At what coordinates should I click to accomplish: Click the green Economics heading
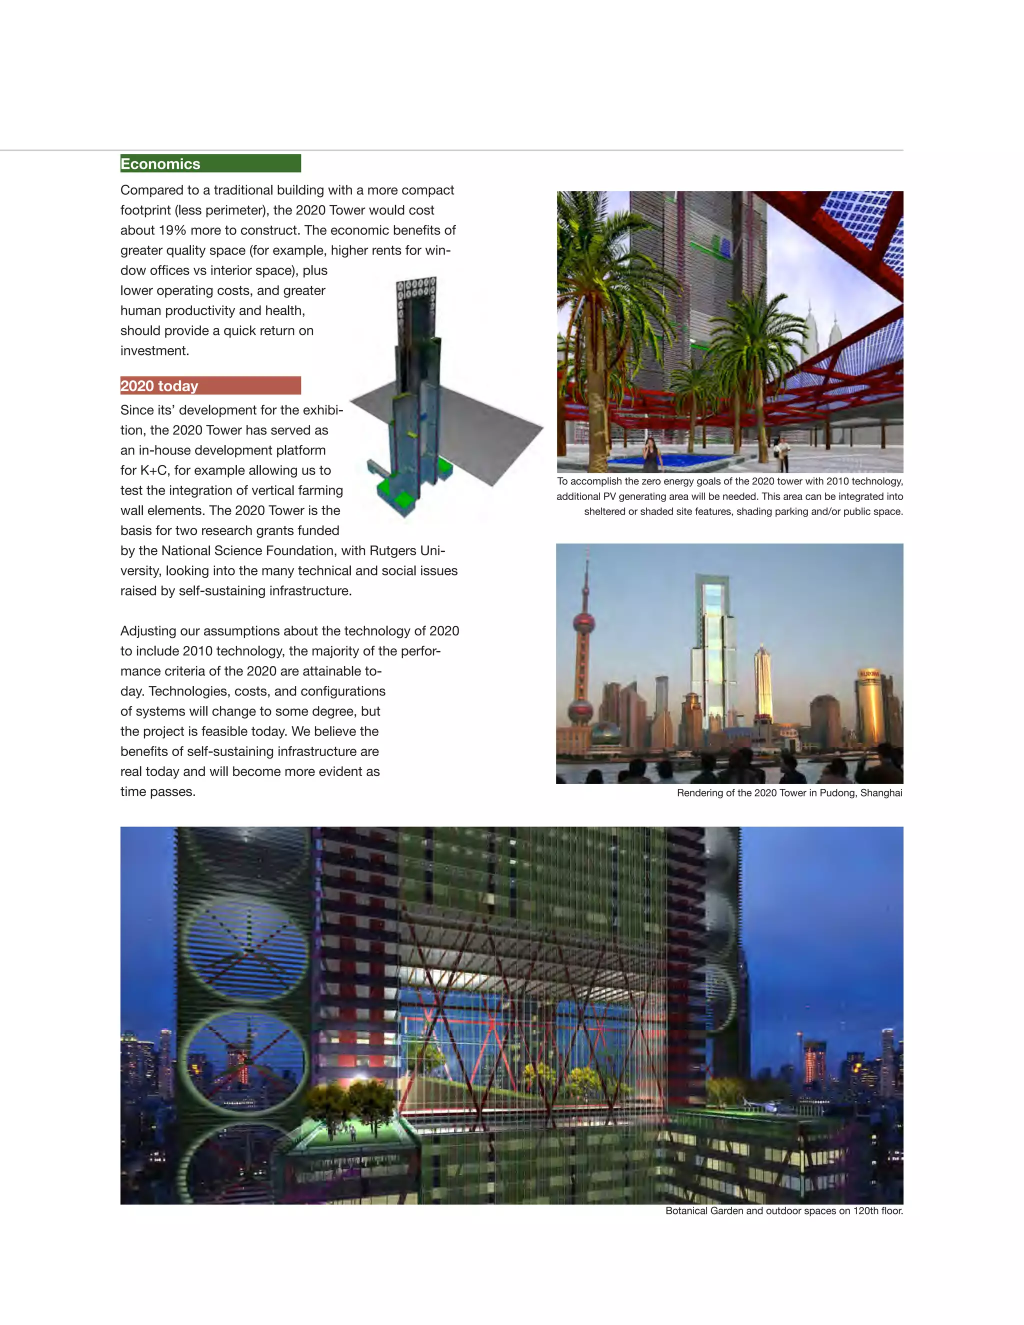[160, 164]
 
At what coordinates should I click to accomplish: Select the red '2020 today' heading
[159, 386]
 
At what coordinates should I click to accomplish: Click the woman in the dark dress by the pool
[651, 454]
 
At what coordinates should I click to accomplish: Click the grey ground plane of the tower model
[485, 424]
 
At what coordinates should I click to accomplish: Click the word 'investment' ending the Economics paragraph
[154, 350]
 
